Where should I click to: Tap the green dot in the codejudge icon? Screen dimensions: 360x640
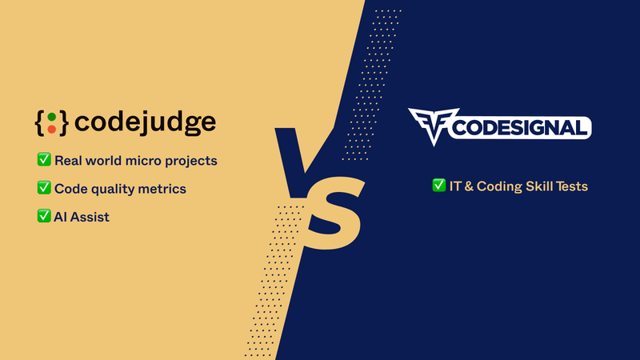tap(51, 117)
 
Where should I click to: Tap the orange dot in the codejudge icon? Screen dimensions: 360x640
tap(51, 128)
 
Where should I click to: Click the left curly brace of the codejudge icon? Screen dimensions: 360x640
tap(40, 122)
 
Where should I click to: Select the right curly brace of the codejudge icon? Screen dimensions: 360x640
tap(63, 122)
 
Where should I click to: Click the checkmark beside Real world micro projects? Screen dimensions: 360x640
tap(45, 160)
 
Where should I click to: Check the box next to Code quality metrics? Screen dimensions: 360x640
tap(45, 188)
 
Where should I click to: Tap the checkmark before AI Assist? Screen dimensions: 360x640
tap(45, 216)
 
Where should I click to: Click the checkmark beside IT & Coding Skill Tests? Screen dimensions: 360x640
tap(439, 186)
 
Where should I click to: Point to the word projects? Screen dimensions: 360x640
tap(190, 161)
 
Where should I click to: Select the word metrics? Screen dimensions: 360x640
tap(162, 189)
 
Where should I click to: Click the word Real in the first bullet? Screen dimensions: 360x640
tap(69, 160)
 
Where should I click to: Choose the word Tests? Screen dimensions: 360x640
tap(570, 186)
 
